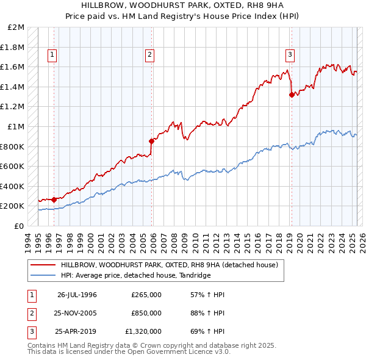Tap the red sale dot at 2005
pyautogui.click(x=151, y=141)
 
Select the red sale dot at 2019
pyautogui.click(x=292, y=95)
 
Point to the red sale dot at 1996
pyautogui.click(x=54, y=199)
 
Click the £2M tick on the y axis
pyautogui.click(x=16, y=27)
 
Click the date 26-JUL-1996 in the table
pyautogui.click(x=77, y=295)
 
